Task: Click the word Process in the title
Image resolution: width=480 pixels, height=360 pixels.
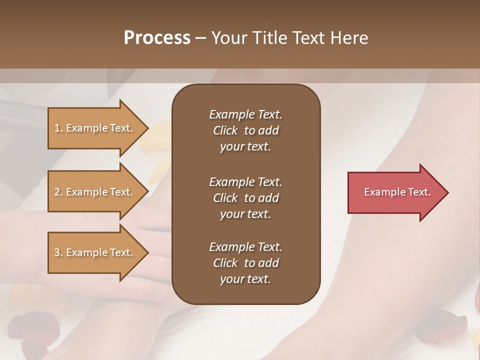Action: pos(157,38)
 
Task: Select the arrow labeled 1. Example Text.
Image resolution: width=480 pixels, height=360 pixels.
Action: pos(95,128)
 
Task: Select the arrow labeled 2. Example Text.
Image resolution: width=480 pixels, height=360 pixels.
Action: pos(95,192)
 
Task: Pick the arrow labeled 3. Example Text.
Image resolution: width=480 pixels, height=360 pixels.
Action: pos(95,252)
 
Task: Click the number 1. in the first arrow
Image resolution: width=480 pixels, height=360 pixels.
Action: pos(58,128)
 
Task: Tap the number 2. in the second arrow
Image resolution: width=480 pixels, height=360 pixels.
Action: pos(58,192)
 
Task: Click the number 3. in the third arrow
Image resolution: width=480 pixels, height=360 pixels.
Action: pos(58,252)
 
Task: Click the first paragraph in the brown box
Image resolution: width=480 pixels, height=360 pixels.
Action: pos(245,130)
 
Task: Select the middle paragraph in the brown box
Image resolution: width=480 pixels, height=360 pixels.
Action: pos(245,197)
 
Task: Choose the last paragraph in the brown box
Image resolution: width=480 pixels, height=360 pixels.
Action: pos(245,263)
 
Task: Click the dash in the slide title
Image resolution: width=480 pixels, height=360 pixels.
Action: pos(200,38)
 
